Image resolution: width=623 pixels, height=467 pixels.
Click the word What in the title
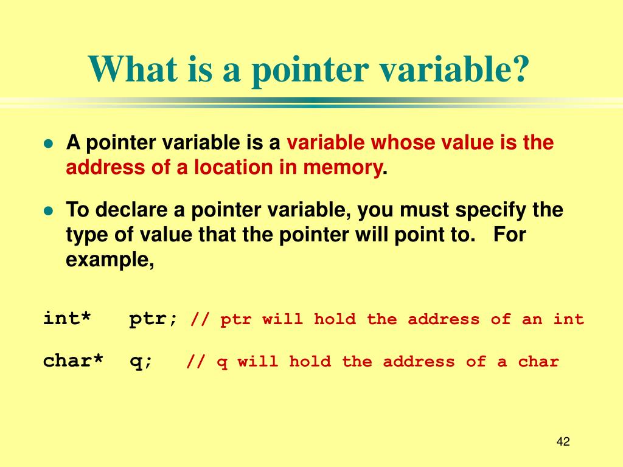coord(127,69)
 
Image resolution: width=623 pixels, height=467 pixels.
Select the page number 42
coord(563,442)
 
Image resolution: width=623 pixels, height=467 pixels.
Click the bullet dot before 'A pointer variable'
coord(49,144)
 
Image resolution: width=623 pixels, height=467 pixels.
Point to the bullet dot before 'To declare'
coord(49,211)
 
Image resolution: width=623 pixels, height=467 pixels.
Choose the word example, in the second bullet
coord(110,260)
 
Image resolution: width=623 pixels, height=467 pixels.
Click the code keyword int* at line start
coord(67,319)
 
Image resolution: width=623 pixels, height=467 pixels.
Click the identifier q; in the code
coord(141,361)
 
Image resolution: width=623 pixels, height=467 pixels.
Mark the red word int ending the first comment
coord(568,319)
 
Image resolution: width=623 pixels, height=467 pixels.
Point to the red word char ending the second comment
coord(538,362)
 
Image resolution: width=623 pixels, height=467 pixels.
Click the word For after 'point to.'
coord(509,235)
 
